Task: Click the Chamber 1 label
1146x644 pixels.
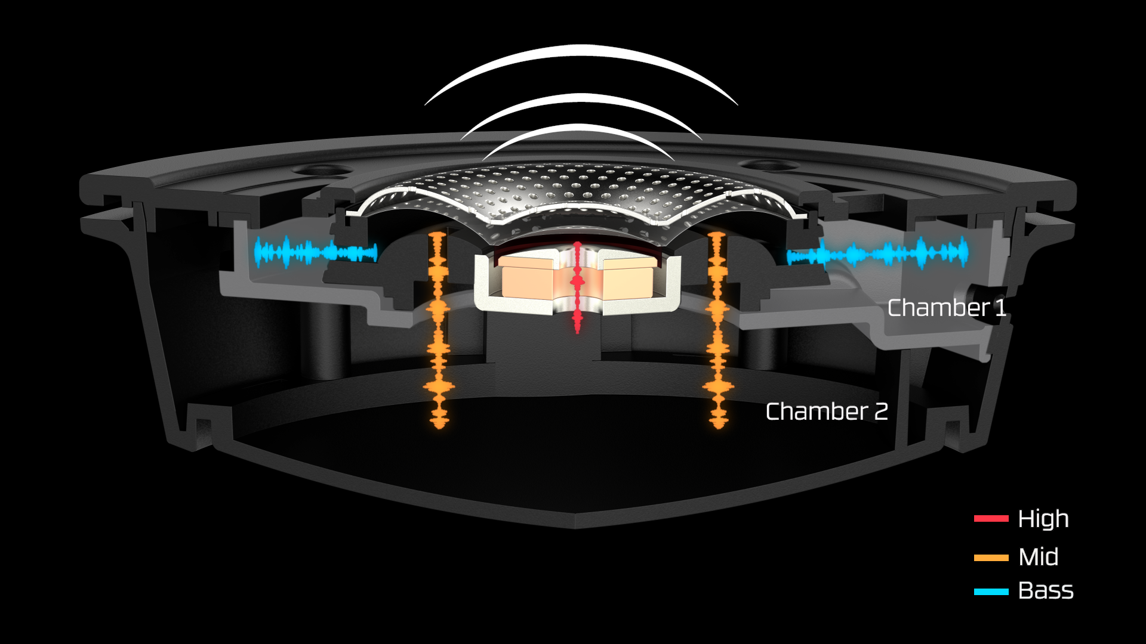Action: tap(947, 308)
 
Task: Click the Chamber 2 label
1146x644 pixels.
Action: tap(827, 411)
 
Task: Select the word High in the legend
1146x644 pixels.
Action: tap(1043, 519)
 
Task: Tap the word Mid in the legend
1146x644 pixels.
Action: tap(1039, 557)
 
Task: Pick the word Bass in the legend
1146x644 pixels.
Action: tap(1046, 591)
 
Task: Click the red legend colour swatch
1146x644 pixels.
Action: tap(991, 519)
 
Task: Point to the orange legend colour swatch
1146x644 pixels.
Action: tap(991, 558)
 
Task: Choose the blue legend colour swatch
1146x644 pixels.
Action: tap(991, 592)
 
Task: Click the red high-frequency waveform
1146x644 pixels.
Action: tap(577, 286)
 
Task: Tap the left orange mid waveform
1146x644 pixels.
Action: tap(439, 328)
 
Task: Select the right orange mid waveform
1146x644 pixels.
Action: tap(717, 328)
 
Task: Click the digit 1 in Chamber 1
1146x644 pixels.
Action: tap(1000, 308)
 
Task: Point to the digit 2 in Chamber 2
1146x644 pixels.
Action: tap(880, 411)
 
